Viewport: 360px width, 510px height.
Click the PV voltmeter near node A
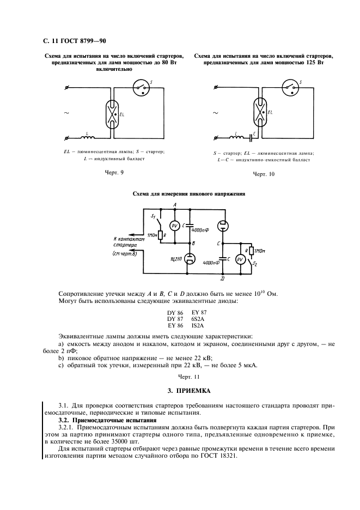pos(175,226)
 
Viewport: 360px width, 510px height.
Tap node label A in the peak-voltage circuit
pos(175,204)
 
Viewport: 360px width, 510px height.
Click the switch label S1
pos(153,216)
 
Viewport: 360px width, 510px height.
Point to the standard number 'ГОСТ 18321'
pos(218,457)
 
